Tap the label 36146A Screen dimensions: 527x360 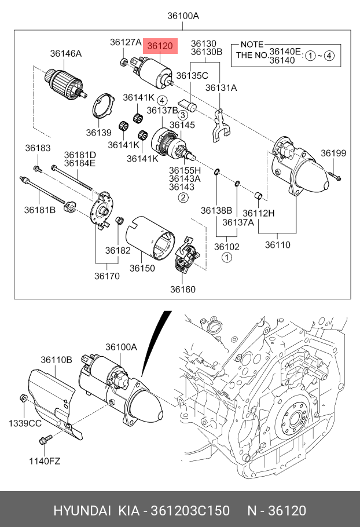[65, 54]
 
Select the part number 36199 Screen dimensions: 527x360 [333, 153]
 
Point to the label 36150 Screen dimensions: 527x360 [142, 268]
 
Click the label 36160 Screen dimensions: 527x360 [183, 289]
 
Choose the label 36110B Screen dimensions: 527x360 [56, 360]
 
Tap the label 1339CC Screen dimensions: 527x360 [24, 424]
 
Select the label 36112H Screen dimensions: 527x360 [258, 213]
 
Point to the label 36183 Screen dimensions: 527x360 [38, 148]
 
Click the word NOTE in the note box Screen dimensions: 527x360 [251, 45]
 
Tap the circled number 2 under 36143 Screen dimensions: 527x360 [182, 197]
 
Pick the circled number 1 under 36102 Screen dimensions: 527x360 [227, 257]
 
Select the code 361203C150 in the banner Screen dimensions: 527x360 [190, 511]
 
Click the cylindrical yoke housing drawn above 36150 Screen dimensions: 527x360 [149, 238]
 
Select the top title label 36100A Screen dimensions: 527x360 [183, 16]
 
